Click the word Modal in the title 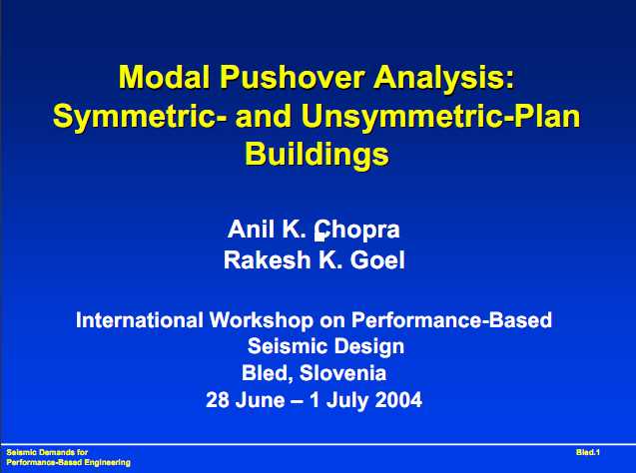[164, 77]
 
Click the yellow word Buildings [317, 155]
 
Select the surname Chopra [357, 231]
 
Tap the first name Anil [252, 229]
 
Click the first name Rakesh [268, 259]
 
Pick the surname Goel [377, 259]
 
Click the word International [139, 319]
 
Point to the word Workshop [262, 319]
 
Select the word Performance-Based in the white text [451, 319]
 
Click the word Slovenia [342, 373]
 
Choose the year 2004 [398, 400]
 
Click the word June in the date [260, 400]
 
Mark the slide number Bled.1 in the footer [588, 452]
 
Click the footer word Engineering [108, 462]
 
